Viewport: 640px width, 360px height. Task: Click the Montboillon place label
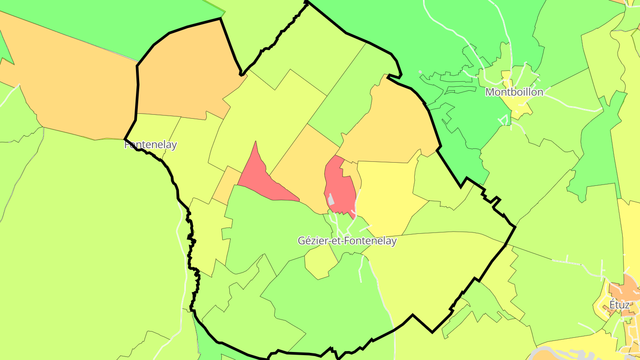click(x=514, y=92)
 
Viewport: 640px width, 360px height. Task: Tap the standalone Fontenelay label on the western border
click(x=151, y=145)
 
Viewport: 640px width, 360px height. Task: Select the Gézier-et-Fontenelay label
click(x=347, y=241)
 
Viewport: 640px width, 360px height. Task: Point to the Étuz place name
click(x=619, y=305)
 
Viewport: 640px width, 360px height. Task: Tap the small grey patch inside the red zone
click(x=331, y=199)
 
